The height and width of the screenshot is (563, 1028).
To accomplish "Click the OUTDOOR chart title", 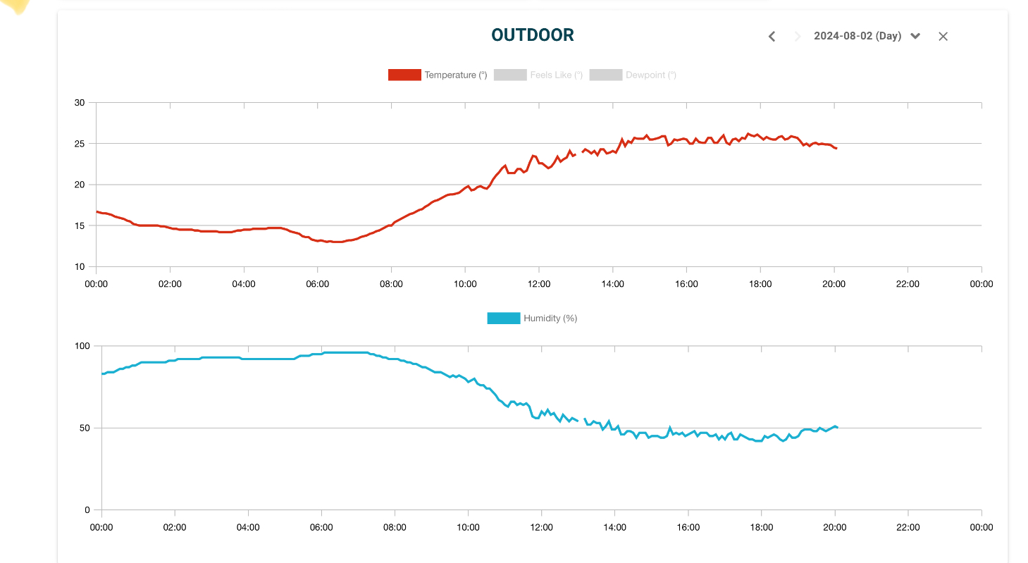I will pyautogui.click(x=533, y=35).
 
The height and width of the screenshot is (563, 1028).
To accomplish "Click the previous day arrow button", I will pyautogui.click(x=772, y=36).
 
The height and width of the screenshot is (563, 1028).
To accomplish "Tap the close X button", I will pyautogui.click(x=943, y=36).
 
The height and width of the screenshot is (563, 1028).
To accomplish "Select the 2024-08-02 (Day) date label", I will pyautogui.click(x=857, y=36).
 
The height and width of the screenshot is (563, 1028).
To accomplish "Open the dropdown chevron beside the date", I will pyautogui.click(x=915, y=36).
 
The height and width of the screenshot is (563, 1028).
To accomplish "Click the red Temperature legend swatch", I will pyautogui.click(x=404, y=75).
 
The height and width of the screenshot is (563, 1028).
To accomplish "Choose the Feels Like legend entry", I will pyautogui.click(x=539, y=75).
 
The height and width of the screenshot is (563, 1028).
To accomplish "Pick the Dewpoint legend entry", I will pyautogui.click(x=633, y=75).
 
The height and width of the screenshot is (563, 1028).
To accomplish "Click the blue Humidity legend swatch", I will pyautogui.click(x=503, y=318).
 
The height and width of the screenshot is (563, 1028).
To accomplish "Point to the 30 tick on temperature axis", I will pyautogui.click(x=80, y=103).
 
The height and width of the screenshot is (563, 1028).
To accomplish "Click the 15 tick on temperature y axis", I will pyautogui.click(x=80, y=225).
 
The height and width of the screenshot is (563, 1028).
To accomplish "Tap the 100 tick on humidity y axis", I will pyautogui.click(x=83, y=346).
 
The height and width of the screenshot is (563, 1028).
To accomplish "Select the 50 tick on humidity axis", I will pyautogui.click(x=85, y=428).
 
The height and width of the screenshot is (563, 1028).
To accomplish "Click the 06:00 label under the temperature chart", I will pyautogui.click(x=317, y=284).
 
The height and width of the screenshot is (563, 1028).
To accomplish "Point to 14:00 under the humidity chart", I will pyautogui.click(x=614, y=527).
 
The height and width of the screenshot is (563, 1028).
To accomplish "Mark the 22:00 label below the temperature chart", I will pyautogui.click(x=908, y=284).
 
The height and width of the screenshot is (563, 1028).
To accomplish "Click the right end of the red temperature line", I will pyautogui.click(x=836, y=148).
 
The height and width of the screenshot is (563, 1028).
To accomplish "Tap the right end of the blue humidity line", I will pyautogui.click(x=836, y=427).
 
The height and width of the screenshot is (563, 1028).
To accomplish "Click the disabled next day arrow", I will pyautogui.click(x=798, y=36).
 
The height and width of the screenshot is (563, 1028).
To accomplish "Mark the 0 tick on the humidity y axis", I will pyautogui.click(x=87, y=510).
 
